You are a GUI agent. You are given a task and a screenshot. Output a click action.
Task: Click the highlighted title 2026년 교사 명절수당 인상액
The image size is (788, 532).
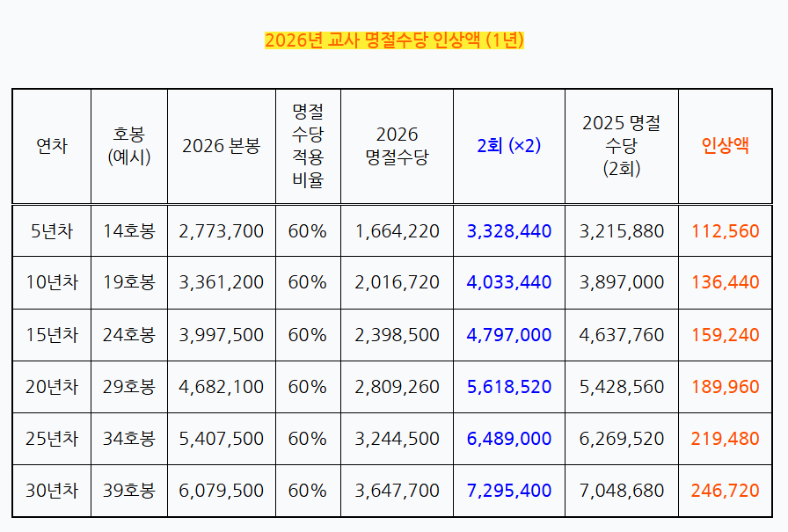[394, 40]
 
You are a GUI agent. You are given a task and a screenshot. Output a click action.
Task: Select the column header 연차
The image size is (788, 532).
[51, 146]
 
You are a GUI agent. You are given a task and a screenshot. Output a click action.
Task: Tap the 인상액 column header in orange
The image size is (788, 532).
[725, 146]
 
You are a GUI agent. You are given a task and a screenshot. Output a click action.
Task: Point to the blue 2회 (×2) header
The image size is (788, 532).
[508, 146]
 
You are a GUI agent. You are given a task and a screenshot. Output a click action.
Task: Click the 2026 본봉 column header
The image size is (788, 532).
[221, 146]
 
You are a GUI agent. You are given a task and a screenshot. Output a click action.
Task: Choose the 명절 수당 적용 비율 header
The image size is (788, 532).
[307, 146]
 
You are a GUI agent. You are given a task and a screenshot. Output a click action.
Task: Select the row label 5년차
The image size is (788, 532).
[51, 231]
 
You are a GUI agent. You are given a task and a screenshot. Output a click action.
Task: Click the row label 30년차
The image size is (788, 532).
[51, 491]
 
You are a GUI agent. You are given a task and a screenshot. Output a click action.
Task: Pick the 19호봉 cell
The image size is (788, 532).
[128, 283]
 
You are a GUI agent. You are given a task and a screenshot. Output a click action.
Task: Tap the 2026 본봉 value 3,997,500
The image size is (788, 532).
[221, 335]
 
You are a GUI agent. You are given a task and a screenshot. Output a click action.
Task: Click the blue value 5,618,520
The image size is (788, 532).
[509, 387]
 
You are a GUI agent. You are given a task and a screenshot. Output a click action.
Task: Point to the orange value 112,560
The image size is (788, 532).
[725, 231]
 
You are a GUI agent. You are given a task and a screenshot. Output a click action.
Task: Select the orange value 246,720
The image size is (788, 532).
[725, 491]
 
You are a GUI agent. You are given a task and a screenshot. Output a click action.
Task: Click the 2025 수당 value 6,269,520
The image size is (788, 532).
[622, 439]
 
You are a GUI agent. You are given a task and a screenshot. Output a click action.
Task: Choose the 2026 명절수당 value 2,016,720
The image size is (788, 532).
[397, 283]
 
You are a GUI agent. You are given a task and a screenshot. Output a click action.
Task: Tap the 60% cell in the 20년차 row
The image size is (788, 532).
[307, 387]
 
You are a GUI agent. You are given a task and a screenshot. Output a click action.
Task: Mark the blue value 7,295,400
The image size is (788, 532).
[509, 491]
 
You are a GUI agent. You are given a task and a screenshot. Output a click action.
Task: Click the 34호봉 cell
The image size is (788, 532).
[128, 439]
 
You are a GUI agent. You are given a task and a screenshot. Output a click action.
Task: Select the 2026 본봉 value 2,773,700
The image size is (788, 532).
[221, 231]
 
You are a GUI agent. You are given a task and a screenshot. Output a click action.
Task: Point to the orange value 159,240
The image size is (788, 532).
[725, 335]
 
